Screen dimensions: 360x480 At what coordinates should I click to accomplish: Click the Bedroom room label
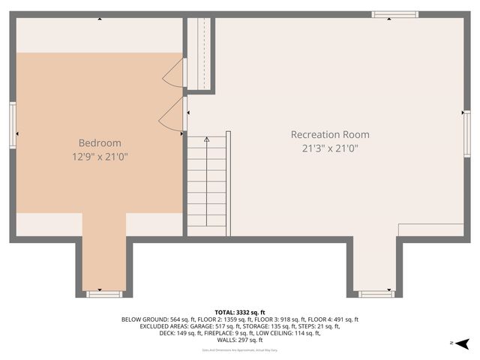pos(100,142)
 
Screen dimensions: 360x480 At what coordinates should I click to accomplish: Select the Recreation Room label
pos(330,134)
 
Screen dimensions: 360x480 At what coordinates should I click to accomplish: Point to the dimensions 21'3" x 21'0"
pos(330,148)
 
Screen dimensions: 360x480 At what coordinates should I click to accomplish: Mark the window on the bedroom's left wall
pos(13,125)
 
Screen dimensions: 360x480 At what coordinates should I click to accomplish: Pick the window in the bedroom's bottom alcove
pos(103,294)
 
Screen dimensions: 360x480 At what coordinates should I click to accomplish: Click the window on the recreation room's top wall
pos(395,14)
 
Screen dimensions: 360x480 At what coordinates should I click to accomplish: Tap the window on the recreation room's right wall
pos(466,133)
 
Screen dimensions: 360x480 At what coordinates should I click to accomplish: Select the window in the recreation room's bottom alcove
pos(374,294)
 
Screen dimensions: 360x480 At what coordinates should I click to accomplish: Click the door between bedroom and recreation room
pos(172,117)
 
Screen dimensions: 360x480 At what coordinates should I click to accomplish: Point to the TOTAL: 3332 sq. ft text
pos(240,312)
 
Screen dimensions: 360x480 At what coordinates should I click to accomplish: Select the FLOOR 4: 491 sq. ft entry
pos(333,319)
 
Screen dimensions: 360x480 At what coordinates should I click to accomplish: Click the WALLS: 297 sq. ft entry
pos(240,340)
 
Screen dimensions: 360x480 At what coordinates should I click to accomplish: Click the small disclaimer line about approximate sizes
pos(240,350)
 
